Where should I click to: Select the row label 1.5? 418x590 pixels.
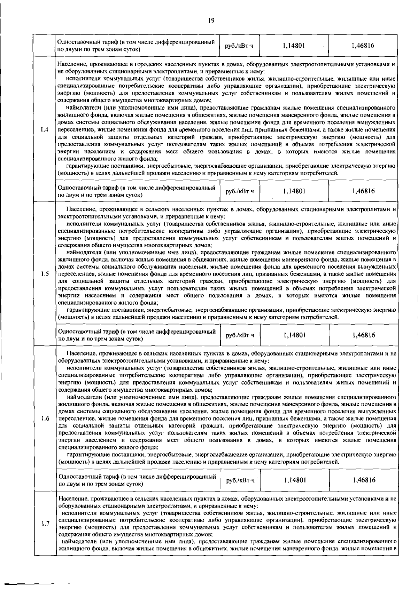[44, 274]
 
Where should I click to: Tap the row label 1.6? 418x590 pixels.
[44, 418]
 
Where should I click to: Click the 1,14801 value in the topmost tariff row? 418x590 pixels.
[294, 46]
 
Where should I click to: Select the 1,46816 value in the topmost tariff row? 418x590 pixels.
[363, 46]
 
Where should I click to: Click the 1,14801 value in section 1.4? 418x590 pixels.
[294, 191]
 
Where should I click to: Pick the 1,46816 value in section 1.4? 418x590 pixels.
[363, 191]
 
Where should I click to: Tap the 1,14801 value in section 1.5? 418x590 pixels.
[295, 335]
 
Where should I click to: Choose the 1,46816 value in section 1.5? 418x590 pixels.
[364, 335]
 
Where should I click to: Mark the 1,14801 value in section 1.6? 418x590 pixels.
[295, 480]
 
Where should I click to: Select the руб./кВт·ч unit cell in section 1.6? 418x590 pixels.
[240, 481]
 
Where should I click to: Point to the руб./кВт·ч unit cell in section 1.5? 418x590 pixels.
[240, 336]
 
